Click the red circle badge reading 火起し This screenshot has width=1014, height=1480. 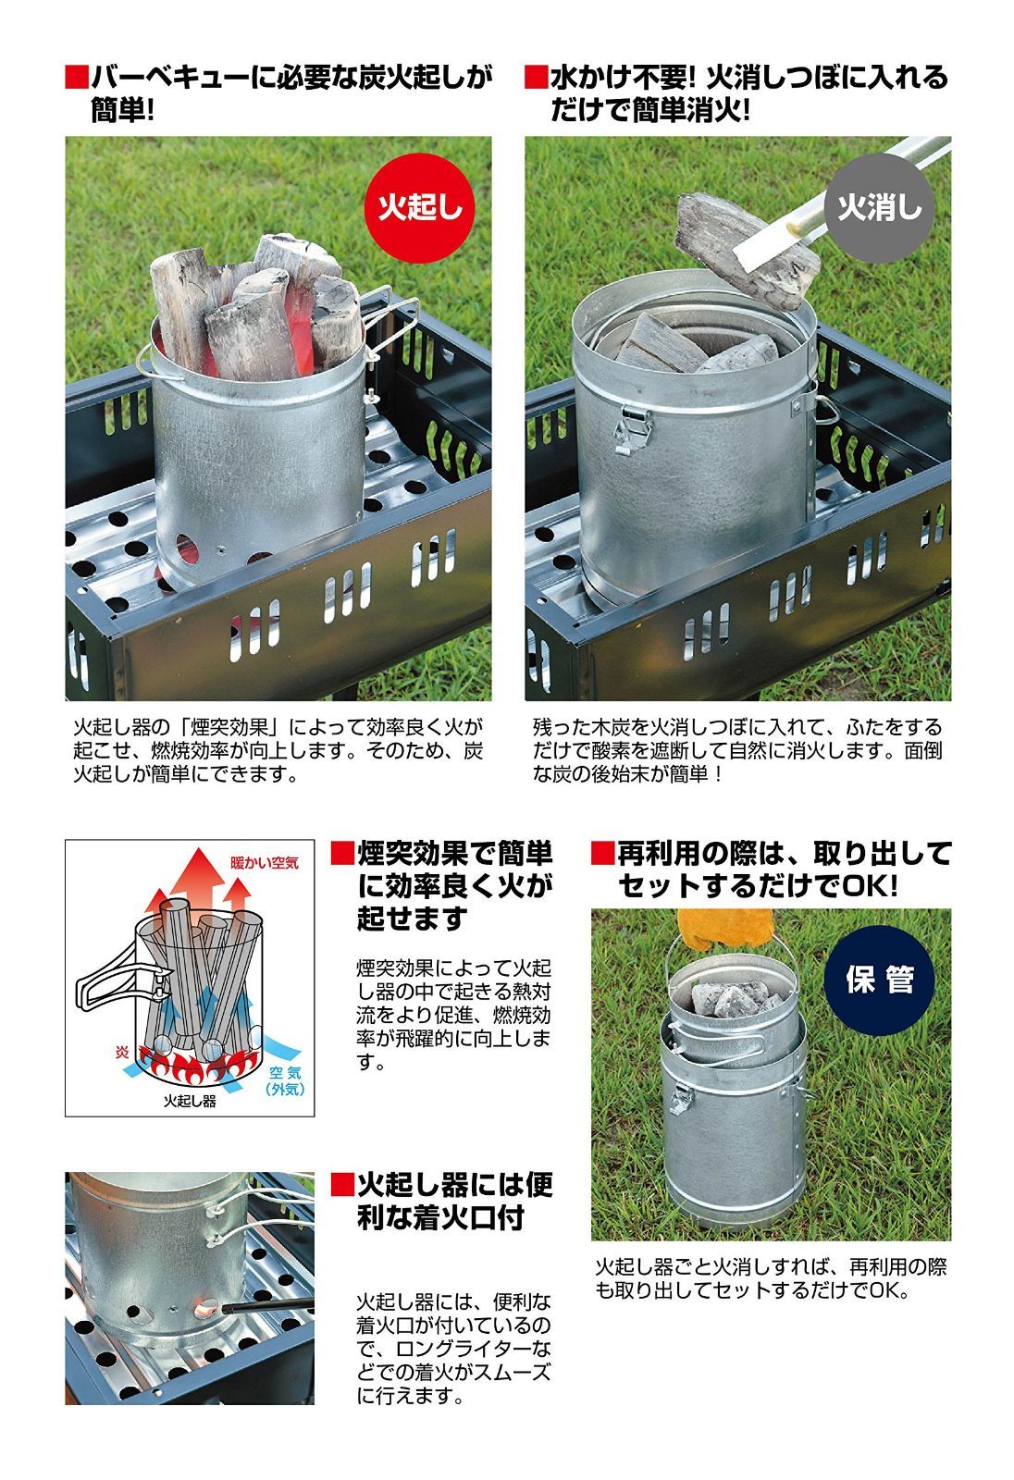tap(419, 208)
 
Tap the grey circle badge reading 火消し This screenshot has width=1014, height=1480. tap(879, 208)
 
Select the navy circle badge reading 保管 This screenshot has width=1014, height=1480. tap(879, 980)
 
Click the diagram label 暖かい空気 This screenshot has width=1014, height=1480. tap(265, 862)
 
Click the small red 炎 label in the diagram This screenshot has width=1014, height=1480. tap(122, 1052)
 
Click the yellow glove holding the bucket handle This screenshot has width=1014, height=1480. tap(725, 927)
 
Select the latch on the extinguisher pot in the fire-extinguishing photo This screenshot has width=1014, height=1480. tap(632, 429)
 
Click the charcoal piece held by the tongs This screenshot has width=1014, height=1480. tap(744, 251)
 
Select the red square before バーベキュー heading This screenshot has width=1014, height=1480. tap(76, 78)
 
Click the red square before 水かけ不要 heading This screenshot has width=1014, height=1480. tap(536, 78)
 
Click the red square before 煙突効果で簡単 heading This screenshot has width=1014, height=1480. tap(342, 853)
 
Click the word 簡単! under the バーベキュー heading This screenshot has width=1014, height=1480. tap(122, 110)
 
